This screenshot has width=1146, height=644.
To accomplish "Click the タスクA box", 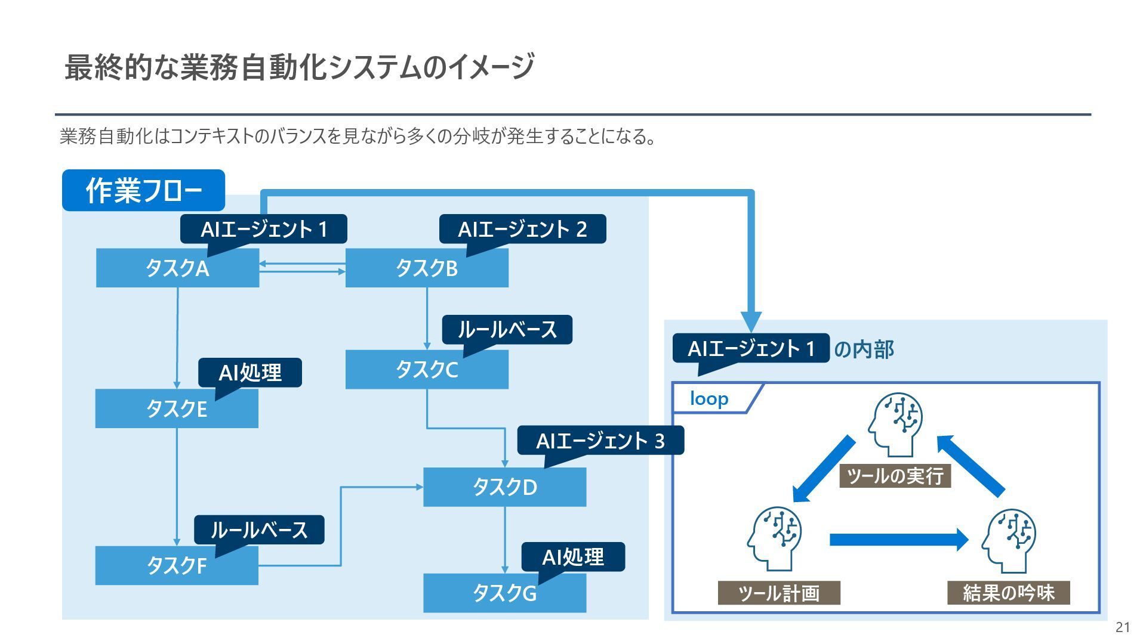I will point(177,268).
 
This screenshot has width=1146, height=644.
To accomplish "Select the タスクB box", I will point(427,268).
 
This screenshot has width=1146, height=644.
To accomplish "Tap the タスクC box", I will point(427,370).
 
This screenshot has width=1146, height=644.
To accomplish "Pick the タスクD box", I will point(504,487).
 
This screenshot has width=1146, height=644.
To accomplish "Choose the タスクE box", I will point(177,409).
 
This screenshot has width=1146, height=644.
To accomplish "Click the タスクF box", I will point(177,565).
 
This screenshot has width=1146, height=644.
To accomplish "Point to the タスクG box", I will point(504,593).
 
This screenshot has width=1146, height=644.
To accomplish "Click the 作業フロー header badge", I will point(143,190).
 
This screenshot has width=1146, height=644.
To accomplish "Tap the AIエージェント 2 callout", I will point(522,229).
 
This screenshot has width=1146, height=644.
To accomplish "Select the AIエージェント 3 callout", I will point(600,441).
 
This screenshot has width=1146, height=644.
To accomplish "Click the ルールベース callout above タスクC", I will point(507,329).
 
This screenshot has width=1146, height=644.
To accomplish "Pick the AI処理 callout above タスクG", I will point(573,557).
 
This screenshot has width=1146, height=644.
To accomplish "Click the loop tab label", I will point(709,398).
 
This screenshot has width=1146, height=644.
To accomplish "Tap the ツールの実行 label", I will point(895,476).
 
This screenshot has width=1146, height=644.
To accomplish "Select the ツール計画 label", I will point(779,593).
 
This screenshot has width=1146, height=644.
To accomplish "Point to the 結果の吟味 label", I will point(1008,593).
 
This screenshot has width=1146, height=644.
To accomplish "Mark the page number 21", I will point(1123,627).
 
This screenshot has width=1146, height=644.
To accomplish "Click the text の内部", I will point(864,349).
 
